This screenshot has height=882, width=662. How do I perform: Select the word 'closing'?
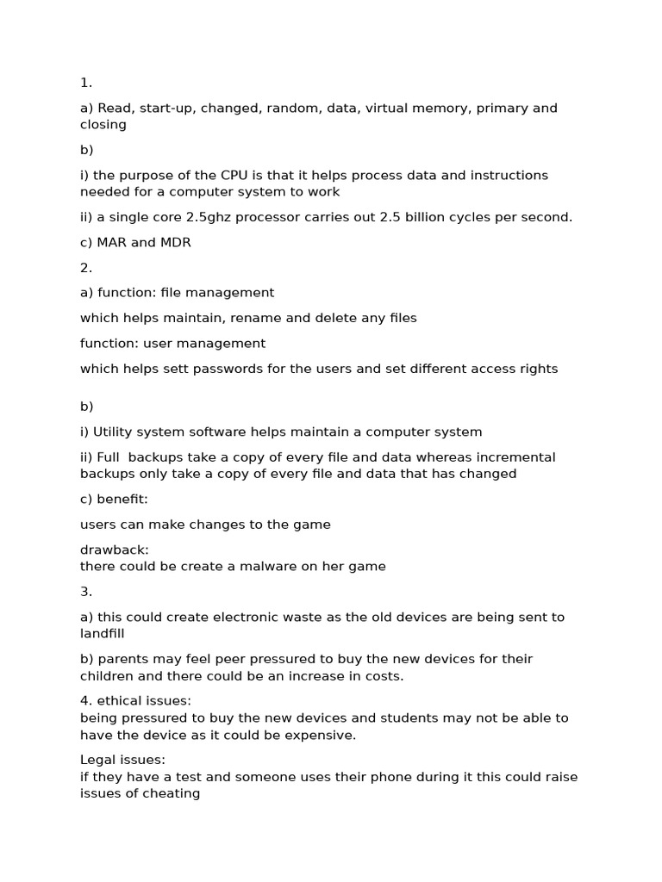103,125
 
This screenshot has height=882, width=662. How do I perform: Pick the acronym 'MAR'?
112,243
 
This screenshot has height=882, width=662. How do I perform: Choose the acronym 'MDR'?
175,243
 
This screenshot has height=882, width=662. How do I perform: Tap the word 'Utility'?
115,432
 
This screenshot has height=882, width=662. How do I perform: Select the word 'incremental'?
516,457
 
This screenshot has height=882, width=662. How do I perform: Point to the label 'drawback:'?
114,550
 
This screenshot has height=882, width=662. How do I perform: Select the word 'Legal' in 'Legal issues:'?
98,760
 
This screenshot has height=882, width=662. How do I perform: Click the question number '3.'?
86,592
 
